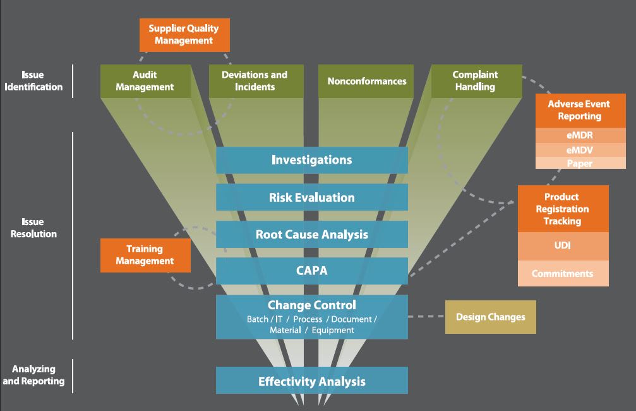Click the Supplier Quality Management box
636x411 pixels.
(184, 35)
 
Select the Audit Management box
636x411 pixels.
(145, 81)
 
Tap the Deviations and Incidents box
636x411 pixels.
(255, 81)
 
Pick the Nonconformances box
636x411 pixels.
(366, 81)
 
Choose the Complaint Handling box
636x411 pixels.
(476, 81)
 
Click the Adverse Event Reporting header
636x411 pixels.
(580, 110)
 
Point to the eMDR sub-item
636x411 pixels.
(580, 135)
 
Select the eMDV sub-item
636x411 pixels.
(580, 150)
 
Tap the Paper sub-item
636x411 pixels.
(580, 163)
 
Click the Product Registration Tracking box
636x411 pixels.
(563, 209)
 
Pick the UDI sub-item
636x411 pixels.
(563, 245)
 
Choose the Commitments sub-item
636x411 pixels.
(563, 274)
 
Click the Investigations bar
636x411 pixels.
(312, 160)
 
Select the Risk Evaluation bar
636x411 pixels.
(312, 197)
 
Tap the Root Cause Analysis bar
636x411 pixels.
(312, 235)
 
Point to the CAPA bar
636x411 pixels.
(312, 271)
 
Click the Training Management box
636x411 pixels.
(145, 255)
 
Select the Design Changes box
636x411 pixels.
(491, 317)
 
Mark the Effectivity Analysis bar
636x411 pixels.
(312, 381)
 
